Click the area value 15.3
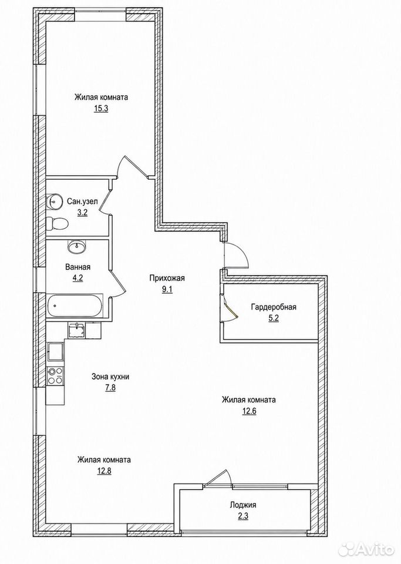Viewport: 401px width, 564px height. coord(101,109)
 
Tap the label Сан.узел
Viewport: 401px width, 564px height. coord(82,202)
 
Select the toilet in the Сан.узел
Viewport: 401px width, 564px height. coord(58,223)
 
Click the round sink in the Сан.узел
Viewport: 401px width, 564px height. coord(54,201)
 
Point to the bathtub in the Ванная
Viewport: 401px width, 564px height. coord(75,305)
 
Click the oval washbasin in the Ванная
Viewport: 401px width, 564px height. coord(76,247)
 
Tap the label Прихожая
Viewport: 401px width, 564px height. coord(167,278)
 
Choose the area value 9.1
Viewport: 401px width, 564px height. coord(167,289)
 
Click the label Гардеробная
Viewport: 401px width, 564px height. coord(274,307)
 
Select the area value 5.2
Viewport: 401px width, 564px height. coord(274,318)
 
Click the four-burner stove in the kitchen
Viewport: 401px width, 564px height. coord(55,376)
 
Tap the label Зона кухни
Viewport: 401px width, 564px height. coord(110,377)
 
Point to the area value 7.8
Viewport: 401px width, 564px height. coord(110,388)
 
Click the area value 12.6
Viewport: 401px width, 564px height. coord(249,411)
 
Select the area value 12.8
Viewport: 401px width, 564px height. coord(104,471)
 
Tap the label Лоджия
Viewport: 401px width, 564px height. coord(243,505)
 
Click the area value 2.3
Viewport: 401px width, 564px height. coord(243,516)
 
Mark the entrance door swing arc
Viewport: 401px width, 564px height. coord(244,252)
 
